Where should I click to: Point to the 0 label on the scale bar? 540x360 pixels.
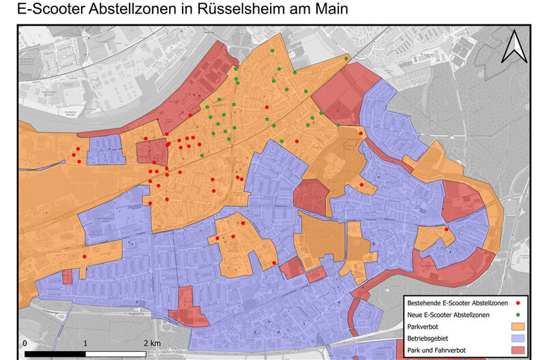(x=25, y=342)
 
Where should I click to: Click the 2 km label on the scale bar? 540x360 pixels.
(x=151, y=342)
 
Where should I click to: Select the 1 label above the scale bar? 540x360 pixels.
(x=85, y=342)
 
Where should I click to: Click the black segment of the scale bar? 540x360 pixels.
(x=55, y=354)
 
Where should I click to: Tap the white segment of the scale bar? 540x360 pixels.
(x=116, y=354)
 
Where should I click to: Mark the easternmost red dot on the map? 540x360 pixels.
(x=447, y=230)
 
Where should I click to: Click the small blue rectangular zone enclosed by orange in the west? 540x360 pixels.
(x=106, y=149)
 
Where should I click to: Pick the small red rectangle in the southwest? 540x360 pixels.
(x=67, y=276)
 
